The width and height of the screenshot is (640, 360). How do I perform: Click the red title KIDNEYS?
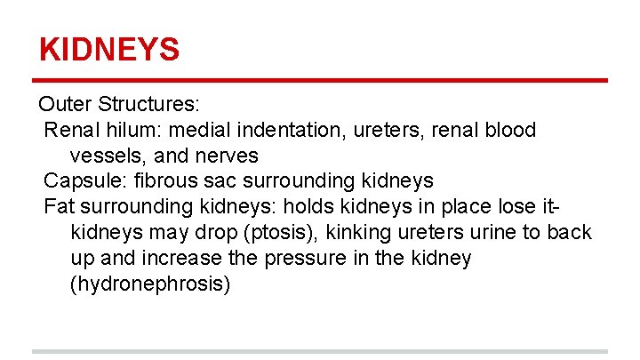coord(109,49)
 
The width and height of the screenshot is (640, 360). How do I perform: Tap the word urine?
coord(488,233)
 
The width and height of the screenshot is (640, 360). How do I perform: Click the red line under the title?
coord(320,82)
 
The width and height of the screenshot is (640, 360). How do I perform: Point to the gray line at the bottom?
coord(320,352)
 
